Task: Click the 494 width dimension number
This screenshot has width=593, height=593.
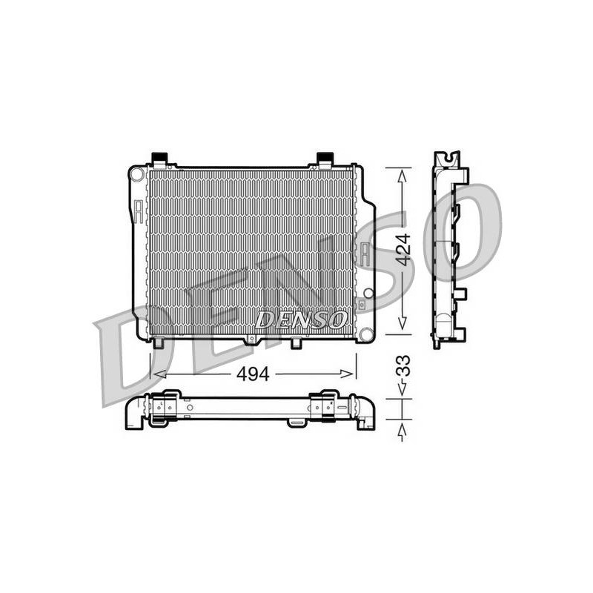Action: pyautogui.click(x=253, y=374)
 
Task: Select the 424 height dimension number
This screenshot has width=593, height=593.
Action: pyautogui.click(x=402, y=250)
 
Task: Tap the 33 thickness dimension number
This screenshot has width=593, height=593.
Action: pyautogui.click(x=402, y=365)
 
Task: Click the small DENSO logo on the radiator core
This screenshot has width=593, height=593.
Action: pyautogui.click(x=301, y=320)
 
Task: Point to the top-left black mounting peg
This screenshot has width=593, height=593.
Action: pyautogui.click(x=159, y=157)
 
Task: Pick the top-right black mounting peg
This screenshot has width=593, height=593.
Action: pyautogui.click(x=325, y=157)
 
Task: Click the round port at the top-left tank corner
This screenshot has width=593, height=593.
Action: pyautogui.click(x=136, y=174)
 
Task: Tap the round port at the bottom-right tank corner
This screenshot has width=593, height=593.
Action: pyautogui.click(x=366, y=334)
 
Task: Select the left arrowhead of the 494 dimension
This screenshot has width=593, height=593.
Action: pyautogui.click(x=159, y=374)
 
